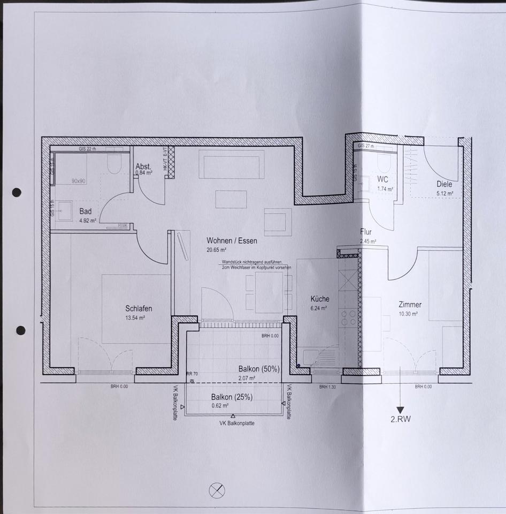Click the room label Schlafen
pos(139,308)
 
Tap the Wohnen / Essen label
pos(232,241)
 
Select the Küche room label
pos(320,299)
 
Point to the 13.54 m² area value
pos(135,317)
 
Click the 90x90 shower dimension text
pos(79,181)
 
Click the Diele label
pos(444,184)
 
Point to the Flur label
pos(366,232)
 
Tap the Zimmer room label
pos(410,305)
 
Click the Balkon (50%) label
pos(259,369)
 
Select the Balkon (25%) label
pos(232,397)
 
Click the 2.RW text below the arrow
pos(401,419)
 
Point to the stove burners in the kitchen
pos(349,318)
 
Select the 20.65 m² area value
pos(217,250)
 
